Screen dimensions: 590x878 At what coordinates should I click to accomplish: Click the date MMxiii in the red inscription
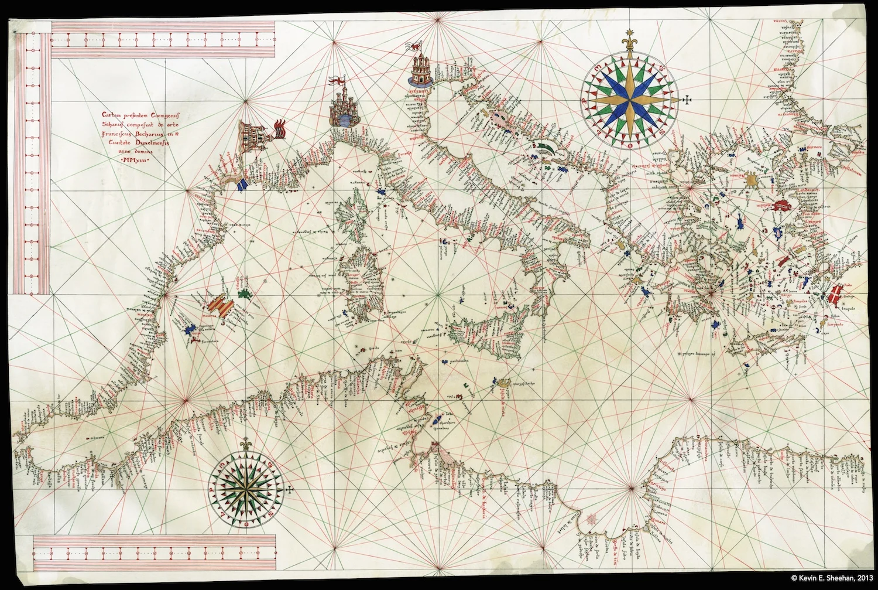pos(135,159)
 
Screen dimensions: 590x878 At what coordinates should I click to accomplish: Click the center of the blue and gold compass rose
pos(631,99)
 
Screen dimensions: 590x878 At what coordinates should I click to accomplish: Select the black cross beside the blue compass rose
pos(687,100)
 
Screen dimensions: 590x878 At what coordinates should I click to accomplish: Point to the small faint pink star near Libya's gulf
pos(591,518)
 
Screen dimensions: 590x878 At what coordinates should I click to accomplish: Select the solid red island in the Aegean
pos(781,205)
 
